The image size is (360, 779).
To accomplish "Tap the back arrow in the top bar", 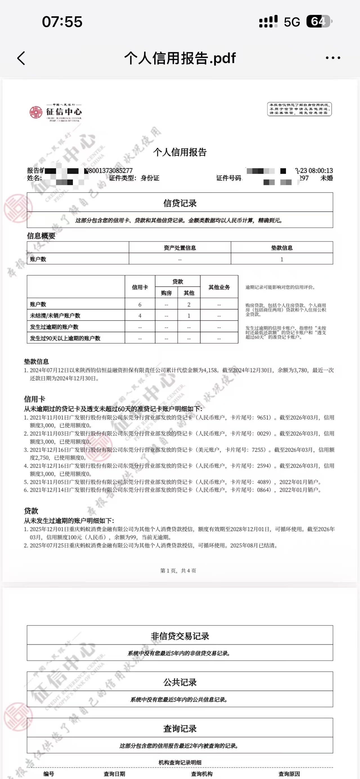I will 21,58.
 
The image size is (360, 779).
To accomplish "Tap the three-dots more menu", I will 333,58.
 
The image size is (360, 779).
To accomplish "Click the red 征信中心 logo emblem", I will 36,112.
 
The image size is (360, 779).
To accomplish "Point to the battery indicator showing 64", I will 319,21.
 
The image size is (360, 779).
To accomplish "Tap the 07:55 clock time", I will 62,22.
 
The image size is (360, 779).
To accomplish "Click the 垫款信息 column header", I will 282,248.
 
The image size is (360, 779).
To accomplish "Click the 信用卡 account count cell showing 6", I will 140,304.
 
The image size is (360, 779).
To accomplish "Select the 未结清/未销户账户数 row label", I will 55,316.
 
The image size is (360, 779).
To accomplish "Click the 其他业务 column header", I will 219,287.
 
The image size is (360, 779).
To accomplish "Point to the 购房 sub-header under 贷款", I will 166,293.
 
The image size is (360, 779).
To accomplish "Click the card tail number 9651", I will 263,417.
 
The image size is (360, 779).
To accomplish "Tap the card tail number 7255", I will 258,450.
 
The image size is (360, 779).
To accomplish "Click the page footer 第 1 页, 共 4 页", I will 178,571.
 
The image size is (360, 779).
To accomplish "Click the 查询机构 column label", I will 202,774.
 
